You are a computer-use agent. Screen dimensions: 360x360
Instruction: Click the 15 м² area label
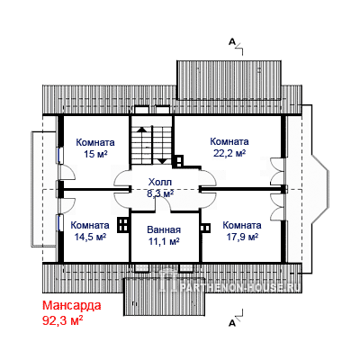95,154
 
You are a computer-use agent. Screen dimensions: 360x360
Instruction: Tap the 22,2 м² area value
229,153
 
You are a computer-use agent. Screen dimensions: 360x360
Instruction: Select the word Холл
160,182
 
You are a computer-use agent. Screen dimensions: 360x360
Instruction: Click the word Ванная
164,230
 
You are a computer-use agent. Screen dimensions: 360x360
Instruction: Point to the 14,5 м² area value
90,237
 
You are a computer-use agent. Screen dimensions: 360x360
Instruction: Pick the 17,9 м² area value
242,237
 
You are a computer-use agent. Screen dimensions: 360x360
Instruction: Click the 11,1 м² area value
164,241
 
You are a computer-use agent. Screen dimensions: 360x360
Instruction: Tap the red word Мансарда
72,306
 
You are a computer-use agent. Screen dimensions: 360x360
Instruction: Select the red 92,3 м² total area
62,320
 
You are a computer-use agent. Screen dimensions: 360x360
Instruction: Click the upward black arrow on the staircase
140,130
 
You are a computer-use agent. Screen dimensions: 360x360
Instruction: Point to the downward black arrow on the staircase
162,161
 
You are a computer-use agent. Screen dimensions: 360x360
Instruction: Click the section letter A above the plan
231,41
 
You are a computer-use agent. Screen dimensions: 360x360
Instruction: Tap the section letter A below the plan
231,323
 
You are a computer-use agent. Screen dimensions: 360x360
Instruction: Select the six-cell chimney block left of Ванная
123,225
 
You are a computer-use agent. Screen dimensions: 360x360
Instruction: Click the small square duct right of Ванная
205,228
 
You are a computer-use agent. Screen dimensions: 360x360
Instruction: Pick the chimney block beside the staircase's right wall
177,161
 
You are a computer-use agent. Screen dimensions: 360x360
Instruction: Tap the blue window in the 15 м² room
60,155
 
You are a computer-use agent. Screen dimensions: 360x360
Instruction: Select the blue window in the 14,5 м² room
60,222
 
